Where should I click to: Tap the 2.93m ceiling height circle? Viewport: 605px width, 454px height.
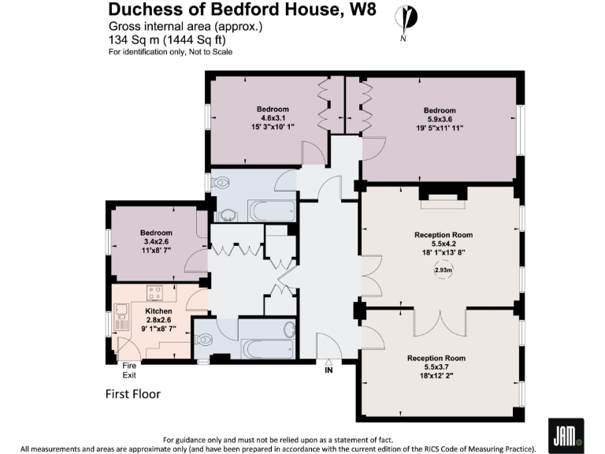coord(444,270)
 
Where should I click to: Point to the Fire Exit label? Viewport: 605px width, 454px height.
coord(128,370)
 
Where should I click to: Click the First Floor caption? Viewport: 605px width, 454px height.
coord(133,393)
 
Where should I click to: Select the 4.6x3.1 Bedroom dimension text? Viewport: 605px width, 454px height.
coord(273,118)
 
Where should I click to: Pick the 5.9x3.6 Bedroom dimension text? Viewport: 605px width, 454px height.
coord(440,119)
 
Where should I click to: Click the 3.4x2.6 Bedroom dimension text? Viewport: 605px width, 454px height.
coord(156,242)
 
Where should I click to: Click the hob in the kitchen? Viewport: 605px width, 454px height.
coord(155,293)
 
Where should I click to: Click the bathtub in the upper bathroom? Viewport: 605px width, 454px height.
coord(272,210)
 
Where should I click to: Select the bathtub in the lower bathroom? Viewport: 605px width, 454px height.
coord(267,348)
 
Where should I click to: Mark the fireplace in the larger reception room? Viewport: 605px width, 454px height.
coord(442,199)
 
